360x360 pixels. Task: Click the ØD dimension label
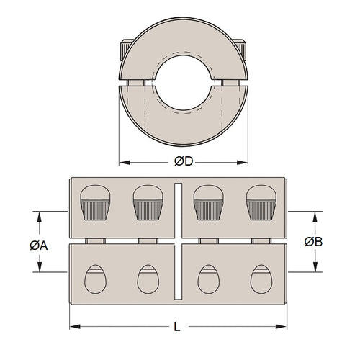click(x=184, y=161)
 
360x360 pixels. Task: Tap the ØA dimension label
click(x=39, y=245)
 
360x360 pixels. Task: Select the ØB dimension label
click(x=313, y=241)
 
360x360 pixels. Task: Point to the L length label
click(x=178, y=327)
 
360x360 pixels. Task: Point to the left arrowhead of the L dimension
click(x=73, y=327)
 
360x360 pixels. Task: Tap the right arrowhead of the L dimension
click(x=282, y=327)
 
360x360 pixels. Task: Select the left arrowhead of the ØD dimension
click(x=122, y=161)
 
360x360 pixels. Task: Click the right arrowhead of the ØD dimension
click(x=245, y=161)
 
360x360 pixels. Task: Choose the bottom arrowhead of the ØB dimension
click(x=314, y=269)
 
